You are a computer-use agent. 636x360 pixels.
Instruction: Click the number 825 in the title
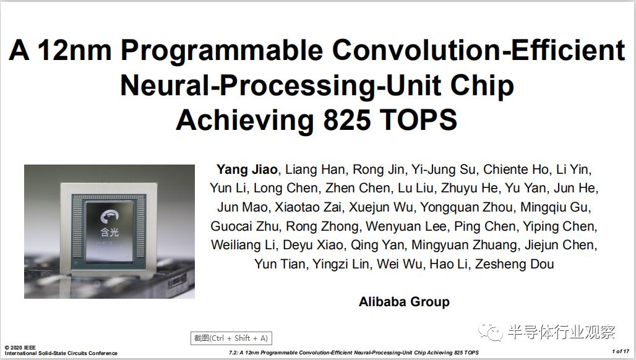coord(347,120)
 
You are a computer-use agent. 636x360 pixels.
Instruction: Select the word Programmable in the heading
coord(222,50)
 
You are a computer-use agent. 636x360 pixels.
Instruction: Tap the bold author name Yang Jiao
coord(247,169)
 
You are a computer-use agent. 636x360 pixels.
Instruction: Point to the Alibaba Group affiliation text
coord(404,302)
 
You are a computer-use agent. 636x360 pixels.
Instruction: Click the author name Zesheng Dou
coord(514,264)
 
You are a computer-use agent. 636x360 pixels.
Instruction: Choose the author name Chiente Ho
coord(516,169)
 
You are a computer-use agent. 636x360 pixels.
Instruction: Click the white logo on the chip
coord(110,216)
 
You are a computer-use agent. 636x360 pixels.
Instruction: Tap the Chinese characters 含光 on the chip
coord(110,233)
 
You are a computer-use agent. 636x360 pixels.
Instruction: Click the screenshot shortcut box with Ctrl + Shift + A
coord(231,338)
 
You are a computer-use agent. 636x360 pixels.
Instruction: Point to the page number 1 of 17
coord(621,351)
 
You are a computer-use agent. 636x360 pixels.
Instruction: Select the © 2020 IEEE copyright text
coord(20,348)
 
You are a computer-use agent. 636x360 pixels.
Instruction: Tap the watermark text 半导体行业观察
coord(561,332)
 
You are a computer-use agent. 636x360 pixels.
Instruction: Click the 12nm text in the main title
coord(74,50)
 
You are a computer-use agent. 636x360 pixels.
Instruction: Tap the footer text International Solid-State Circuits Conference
coord(61,353)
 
